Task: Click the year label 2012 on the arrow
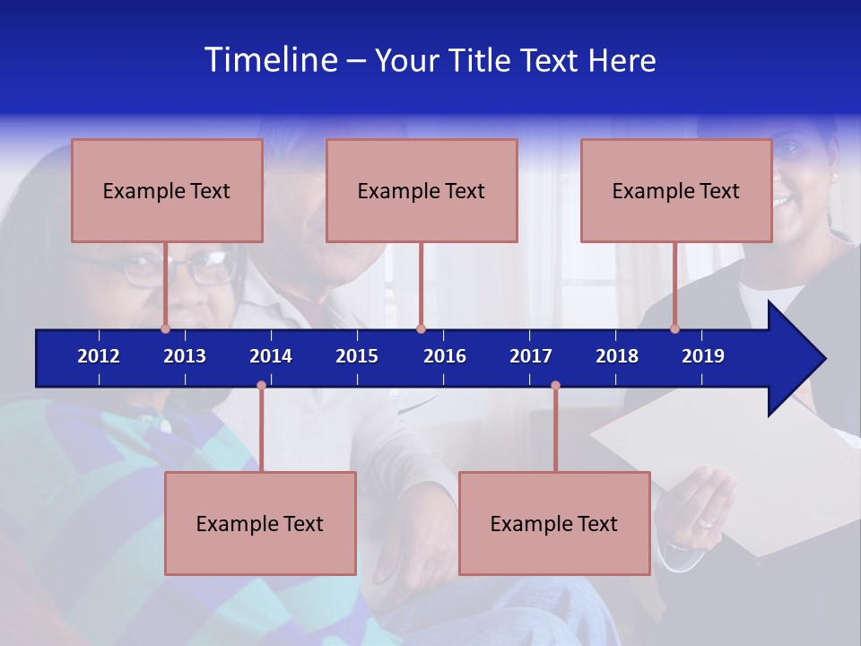(x=99, y=356)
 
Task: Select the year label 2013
(x=185, y=356)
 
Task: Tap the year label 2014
(x=271, y=356)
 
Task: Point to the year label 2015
(x=357, y=356)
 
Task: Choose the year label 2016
(x=445, y=356)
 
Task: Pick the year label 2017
(x=531, y=356)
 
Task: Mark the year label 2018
(x=617, y=356)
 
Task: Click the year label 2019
(x=703, y=356)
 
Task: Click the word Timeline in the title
(x=270, y=60)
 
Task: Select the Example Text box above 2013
(x=167, y=190)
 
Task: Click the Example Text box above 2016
(x=422, y=190)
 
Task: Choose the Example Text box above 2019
(x=676, y=190)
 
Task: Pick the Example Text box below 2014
(x=260, y=523)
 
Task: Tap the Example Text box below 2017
(x=554, y=523)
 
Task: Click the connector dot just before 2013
(x=165, y=328)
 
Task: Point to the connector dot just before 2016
(x=421, y=328)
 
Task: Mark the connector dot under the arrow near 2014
(x=261, y=386)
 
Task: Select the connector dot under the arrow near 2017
(x=555, y=386)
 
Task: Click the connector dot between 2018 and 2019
(x=674, y=328)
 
